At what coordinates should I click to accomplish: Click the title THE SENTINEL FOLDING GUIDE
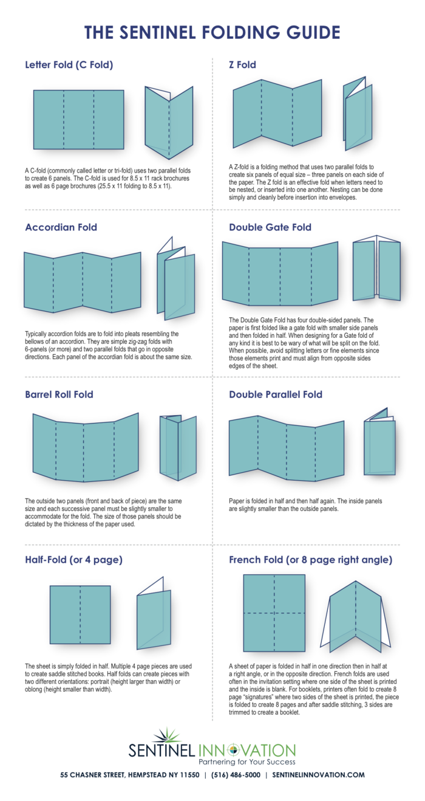tap(212, 32)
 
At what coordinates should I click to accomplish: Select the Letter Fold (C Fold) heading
tap(69, 64)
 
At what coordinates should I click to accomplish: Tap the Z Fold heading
tap(242, 64)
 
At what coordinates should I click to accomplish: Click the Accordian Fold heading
tap(61, 227)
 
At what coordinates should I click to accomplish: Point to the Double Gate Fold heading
tap(270, 227)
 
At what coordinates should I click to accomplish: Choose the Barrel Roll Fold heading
tap(59, 394)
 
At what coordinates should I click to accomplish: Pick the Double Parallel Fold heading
tap(276, 394)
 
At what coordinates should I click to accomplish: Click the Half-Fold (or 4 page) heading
tap(73, 560)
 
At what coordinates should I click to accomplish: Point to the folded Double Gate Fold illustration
tap(376, 269)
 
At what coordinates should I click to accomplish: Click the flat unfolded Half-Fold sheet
tap(80, 614)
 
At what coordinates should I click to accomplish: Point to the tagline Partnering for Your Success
tap(246, 761)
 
